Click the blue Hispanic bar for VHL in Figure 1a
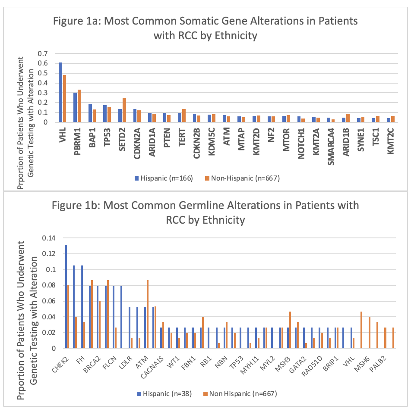(60, 92)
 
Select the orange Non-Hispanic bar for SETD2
(124, 110)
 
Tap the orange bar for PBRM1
(79, 106)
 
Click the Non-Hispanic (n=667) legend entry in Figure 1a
(243, 178)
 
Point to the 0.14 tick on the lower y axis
(50, 238)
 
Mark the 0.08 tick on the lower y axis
(50, 285)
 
